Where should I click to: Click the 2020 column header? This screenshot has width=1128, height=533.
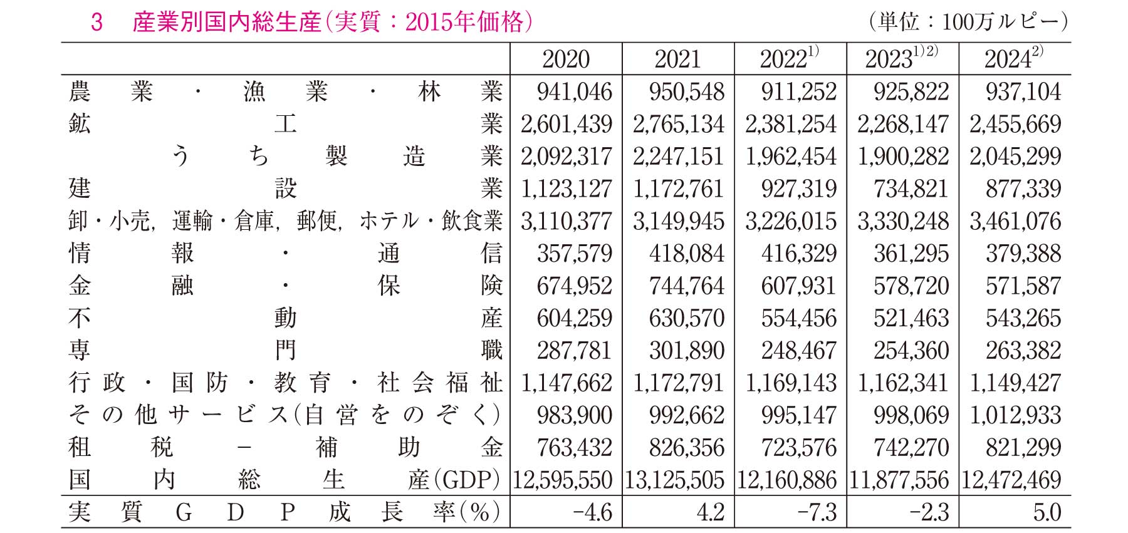(565, 60)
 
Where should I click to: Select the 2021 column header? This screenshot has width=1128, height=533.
(677, 60)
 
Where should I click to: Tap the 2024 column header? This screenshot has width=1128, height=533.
(1008, 60)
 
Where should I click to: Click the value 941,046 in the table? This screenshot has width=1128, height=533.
(574, 92)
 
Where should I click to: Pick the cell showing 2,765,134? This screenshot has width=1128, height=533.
(678, 125)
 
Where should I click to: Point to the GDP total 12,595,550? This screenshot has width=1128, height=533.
(562, 480)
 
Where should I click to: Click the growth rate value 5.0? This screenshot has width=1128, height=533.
(1047, 512)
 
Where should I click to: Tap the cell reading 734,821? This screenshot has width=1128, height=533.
(911, 189)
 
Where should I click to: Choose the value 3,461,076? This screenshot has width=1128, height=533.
(1015, 222)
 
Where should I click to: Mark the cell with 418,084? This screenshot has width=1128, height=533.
(687, 254)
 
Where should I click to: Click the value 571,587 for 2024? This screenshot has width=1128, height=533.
(1023, 286)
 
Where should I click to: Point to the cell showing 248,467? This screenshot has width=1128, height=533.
(799, 351)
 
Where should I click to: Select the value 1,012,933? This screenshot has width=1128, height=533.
(1015, 415)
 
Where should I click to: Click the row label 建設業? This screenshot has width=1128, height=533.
(285, 189)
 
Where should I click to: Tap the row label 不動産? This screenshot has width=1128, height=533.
(285, 318)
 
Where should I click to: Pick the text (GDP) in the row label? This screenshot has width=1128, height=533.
(471, 480)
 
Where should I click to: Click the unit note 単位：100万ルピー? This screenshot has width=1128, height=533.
(968, 22)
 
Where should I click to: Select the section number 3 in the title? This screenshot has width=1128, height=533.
(97, 23)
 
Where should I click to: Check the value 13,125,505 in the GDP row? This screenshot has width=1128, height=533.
(674, 480)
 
